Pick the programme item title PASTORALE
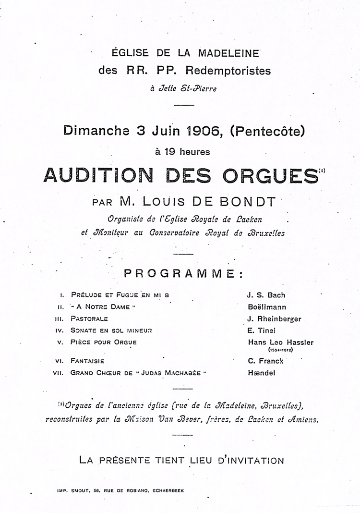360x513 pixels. click(89, 319)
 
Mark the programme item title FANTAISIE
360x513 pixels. click(88, 361)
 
